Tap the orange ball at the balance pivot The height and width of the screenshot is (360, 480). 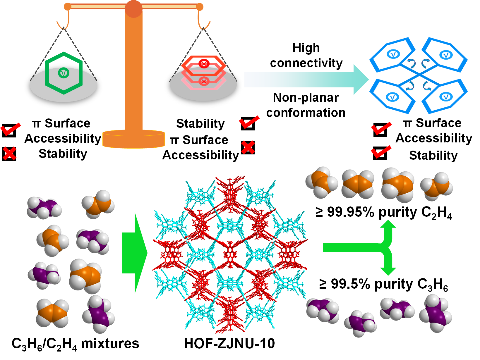tap(133, 9)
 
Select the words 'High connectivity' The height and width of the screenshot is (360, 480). tap(306, 55)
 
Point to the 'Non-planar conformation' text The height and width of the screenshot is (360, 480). tap(306, 105)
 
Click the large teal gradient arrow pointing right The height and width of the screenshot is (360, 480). tap(306, 80)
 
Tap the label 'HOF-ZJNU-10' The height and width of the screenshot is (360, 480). tap(229, 344)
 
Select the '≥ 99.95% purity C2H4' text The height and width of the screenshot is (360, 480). tap(384, 213)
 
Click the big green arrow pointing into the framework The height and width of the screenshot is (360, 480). tap(135, 253)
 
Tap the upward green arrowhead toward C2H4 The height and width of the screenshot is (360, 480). tap(388, 225)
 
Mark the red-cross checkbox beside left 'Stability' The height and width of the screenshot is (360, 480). tap(9, 154)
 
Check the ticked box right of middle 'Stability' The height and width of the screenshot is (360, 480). tap(249, 123)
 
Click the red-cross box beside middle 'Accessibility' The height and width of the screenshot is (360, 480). tap(248, 147)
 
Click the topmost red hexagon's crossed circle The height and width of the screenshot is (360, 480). tap(204, 64)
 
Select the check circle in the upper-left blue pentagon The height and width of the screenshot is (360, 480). tap(393, 54)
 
